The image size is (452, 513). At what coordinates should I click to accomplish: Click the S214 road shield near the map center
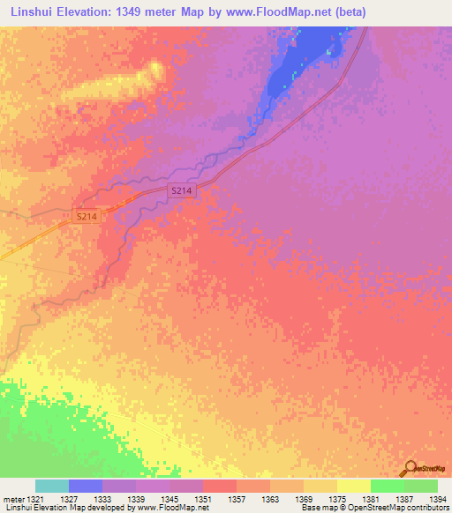point(181,190)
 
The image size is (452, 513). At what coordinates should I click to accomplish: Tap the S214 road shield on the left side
point(86,216)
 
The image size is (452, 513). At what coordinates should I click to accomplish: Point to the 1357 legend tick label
point(237,499)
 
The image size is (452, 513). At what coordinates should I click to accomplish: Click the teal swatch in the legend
point(52,486)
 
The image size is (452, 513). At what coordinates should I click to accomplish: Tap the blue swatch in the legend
point(86,486)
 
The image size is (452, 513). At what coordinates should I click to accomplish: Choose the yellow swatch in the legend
point(354,486)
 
